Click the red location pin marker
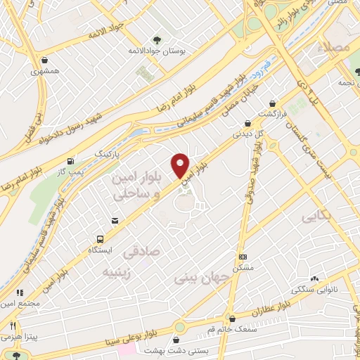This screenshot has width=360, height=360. pyautogui.click(x=181, y=165)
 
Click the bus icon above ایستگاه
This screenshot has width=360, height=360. pyautogui.click(x=100, y=239)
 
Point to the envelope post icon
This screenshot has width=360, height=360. pyautogui.click(x=115, y=221)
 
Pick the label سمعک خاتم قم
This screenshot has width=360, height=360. pyautogui.click(x=217, y=330)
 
